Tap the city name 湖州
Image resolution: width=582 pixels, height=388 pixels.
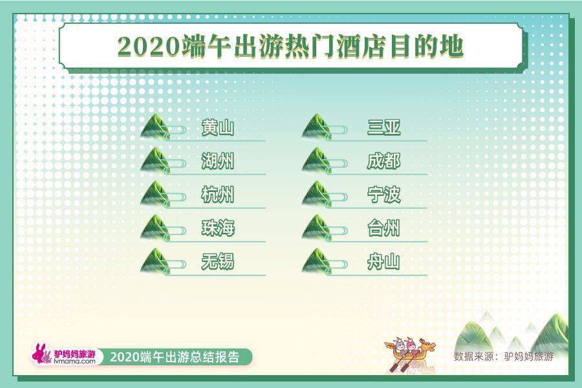[217, 162]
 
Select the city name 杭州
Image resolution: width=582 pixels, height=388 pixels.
[217, 195]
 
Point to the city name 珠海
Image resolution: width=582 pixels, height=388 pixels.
[217, 229]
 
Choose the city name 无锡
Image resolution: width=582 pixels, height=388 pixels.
[217, 263]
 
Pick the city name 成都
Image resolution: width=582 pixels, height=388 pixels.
[383, 162]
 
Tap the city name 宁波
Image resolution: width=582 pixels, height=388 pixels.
[383, 195]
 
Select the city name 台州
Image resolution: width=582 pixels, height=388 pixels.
[383, 229]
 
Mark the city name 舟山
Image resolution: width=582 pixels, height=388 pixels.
[383, 263]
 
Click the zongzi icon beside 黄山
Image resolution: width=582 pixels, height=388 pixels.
[155, 127]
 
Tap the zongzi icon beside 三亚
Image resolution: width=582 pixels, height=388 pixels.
[317, 127]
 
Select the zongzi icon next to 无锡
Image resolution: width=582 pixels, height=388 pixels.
[155, 262]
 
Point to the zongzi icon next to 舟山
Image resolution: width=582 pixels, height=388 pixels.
[317, 262]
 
